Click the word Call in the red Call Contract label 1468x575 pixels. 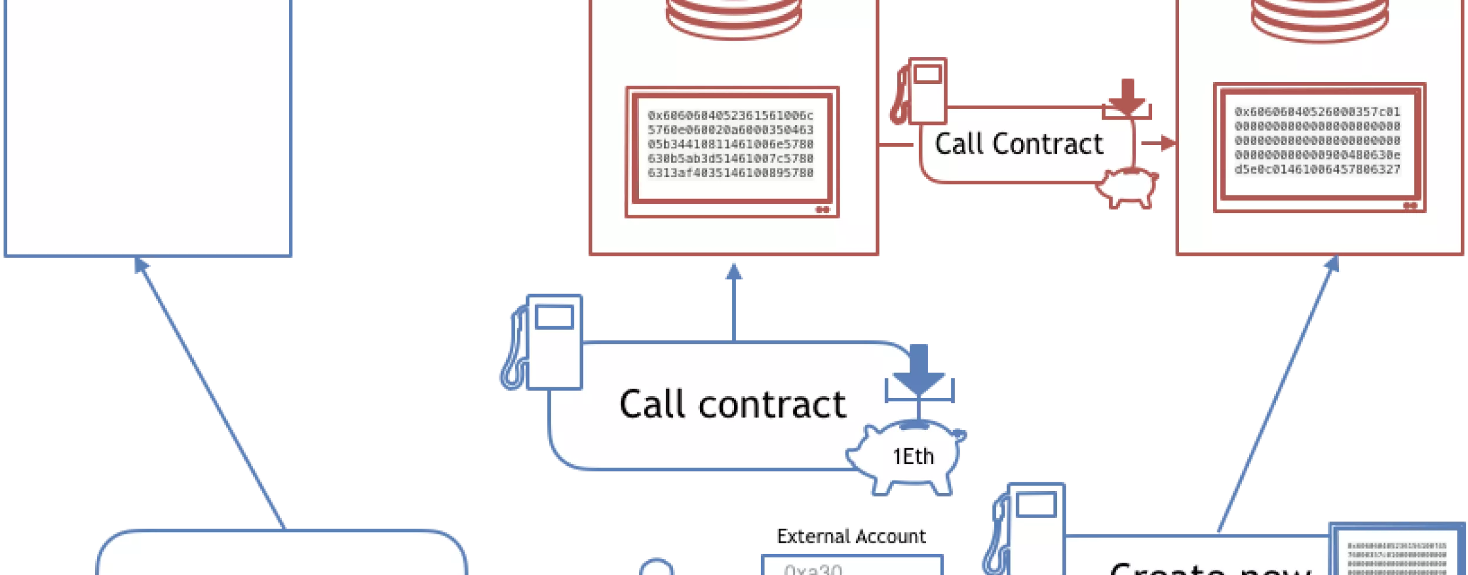click(x=958, y=144)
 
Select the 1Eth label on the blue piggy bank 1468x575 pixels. click(x=913, y=456)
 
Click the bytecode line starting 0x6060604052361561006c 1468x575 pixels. click(x=730, y=116)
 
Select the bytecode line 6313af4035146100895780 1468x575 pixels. click(x=730, y=173)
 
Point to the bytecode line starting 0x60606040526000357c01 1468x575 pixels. click(x=1317, y=112)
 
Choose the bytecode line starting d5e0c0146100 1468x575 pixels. click(x=1317, y=170)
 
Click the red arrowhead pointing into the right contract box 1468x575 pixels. click(x=1169, y=142)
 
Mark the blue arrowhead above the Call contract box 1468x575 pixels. click(x=734, y=271)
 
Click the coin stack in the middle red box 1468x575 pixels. click(x=734, y=18)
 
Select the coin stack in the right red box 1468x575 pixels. click(x=1319, y=18)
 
